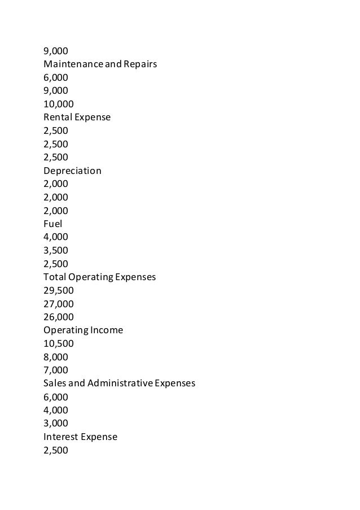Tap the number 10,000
click(59, 104)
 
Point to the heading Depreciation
click(72, 171)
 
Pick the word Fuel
click(52, 224)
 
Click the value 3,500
click(56, 250)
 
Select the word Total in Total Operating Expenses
click(54, 277)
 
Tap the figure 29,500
click(59, 290)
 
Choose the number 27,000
click(59, 303)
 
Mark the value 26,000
click(59, 317)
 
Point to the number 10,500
click(59, 343)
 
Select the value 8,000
click(56, 356)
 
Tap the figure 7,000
click(56, 370)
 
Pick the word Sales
click(55, 383)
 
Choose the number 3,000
click(56, 423)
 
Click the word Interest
click(60, 436)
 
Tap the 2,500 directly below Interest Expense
click(56, 450)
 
